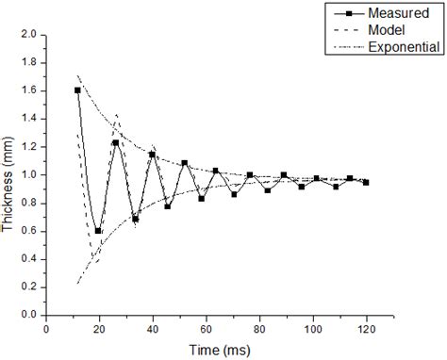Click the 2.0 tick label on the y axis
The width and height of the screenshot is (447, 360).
30,33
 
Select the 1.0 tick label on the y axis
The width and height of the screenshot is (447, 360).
30,174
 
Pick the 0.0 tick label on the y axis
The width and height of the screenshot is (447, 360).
30,316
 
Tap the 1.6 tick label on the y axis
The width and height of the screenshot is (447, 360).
30,90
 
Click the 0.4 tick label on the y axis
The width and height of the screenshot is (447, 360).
30,259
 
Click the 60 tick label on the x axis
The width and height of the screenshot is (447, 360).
206,329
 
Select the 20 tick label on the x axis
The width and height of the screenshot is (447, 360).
99,329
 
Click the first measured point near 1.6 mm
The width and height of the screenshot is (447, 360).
77,90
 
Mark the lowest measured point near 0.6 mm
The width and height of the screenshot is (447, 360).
98,230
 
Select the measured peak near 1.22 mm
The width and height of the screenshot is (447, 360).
115,142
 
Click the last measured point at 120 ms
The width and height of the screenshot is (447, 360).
366,182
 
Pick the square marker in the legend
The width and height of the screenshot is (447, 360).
349,12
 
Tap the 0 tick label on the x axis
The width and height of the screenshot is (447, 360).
46,329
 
